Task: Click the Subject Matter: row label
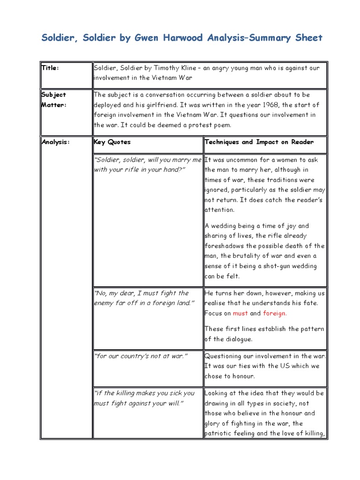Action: (54, 99)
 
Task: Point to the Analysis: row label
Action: (56, 142)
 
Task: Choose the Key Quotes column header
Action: (112, 142)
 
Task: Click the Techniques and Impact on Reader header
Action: (259, 142)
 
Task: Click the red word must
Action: (240, 313)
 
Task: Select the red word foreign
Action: (274, 313)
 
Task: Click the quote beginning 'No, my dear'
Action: (142, 298)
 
